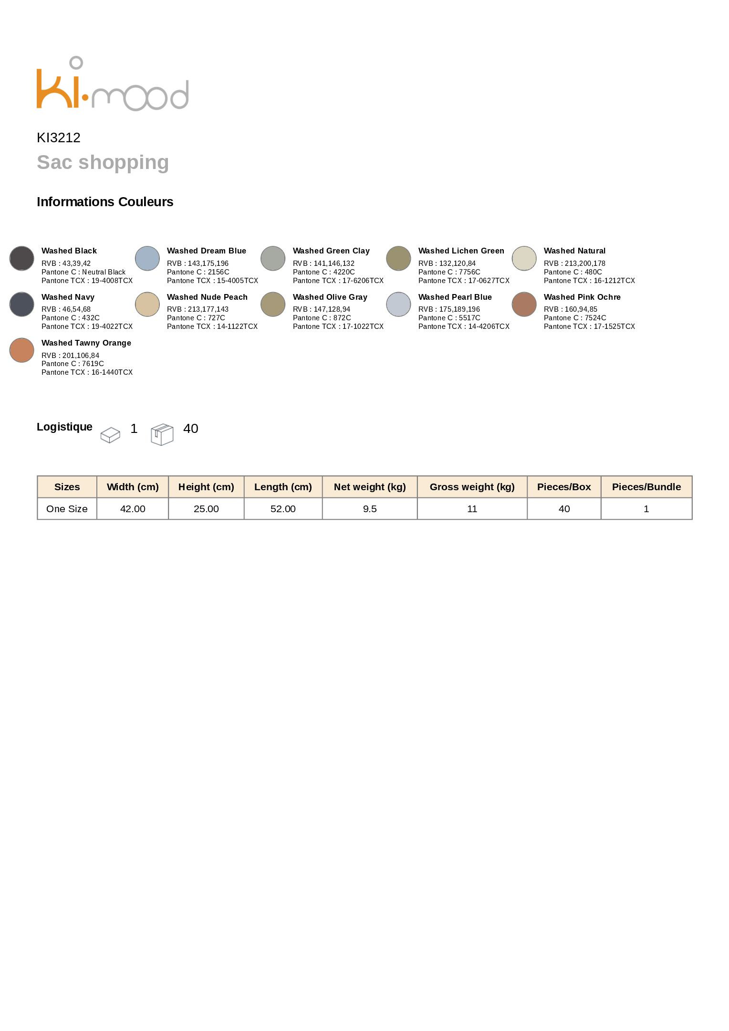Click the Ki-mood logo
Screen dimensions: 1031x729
click(113, 84)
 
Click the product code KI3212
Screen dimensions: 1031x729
click(59, 138)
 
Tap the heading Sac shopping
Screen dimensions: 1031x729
click(103, 162)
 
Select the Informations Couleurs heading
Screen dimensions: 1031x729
click(105, 202)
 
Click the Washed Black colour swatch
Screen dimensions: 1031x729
click(21, 258)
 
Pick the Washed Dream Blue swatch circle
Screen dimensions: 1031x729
click(147, 258)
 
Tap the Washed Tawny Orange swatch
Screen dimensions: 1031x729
click(21, 350)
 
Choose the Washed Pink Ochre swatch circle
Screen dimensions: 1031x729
click(524, 304)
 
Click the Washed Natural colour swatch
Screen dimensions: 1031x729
click(524, 258)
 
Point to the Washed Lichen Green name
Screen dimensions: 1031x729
click(461, 251)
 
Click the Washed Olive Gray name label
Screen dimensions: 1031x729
click(330, 297)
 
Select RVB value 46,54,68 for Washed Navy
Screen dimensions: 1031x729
click(76, 309)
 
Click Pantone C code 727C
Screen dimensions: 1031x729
click(216, 318)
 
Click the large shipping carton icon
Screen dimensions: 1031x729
click(162, 434)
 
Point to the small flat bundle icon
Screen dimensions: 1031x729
click(110, 435)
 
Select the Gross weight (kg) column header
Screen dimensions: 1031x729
click(472, 487)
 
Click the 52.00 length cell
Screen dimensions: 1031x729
click(283, 509)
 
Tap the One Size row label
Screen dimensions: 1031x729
click(67, 509)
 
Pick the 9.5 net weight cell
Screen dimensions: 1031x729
click(370, 509)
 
